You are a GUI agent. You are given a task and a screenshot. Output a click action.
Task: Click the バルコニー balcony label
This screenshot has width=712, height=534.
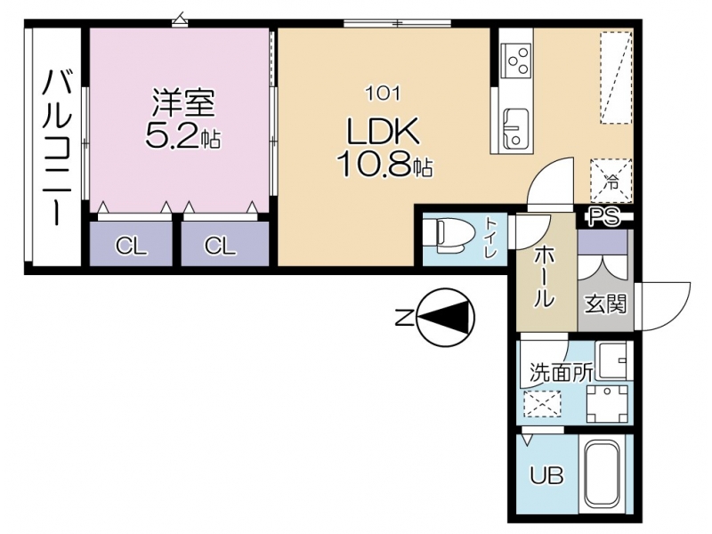click(x=57, y=147)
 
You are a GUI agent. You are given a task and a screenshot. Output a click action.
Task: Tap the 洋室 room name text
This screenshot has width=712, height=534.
click(x=183, y=102)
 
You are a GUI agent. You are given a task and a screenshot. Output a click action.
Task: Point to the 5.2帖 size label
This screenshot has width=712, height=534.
click(x=183, y=135)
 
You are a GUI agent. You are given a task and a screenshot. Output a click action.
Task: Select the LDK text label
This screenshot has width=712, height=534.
click(x=383, y=131)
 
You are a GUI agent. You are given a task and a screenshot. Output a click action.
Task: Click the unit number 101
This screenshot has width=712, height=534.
click(x=384, y=94)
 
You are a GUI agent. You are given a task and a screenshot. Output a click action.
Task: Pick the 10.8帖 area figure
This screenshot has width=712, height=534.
click(x=384, y=164)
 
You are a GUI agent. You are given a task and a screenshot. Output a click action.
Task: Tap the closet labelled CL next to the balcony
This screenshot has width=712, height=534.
click(x=131, y=247)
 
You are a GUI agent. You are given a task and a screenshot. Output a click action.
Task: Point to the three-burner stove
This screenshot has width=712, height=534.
click(x=516, y=60)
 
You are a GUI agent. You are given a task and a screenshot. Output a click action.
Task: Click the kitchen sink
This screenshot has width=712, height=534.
click(x=516, y=129)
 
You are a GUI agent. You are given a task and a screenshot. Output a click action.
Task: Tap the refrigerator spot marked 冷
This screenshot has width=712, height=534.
click(x=611, y=181)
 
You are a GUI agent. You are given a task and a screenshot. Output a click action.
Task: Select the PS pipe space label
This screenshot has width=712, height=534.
click(x=604, y=217)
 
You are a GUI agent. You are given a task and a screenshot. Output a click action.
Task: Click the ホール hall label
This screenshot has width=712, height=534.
click(x=543, y=278)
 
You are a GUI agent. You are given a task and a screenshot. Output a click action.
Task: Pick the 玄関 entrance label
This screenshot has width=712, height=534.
click(x=605, y=303)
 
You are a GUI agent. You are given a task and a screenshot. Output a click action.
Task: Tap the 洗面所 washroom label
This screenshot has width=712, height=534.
click(x=562, y=373)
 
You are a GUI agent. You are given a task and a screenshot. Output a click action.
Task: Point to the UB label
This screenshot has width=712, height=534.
click(x=547, y=476)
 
